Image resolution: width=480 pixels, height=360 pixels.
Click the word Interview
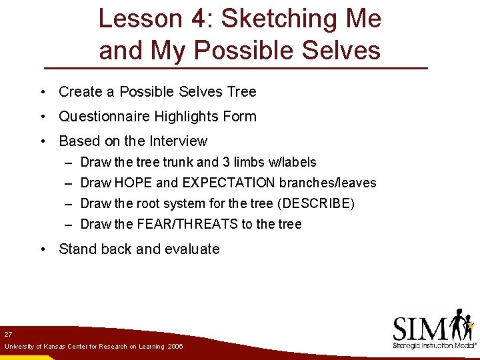pyautogui.click(x=178, y=141)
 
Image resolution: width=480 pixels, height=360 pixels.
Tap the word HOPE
pyautogui.click(x=133, y=183)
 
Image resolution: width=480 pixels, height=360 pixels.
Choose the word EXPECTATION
pyautogui.click(x=229, y=183)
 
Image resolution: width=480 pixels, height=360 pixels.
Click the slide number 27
pyautogui.click(x=8, y=333)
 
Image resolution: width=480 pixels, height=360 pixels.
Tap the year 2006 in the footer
pyautogui.click(x=176, y=347)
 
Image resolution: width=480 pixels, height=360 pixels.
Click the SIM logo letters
pyautogui.click(x=420, y=329)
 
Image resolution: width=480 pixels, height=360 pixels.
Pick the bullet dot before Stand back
pyautogui.click(x=42, y=249)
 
